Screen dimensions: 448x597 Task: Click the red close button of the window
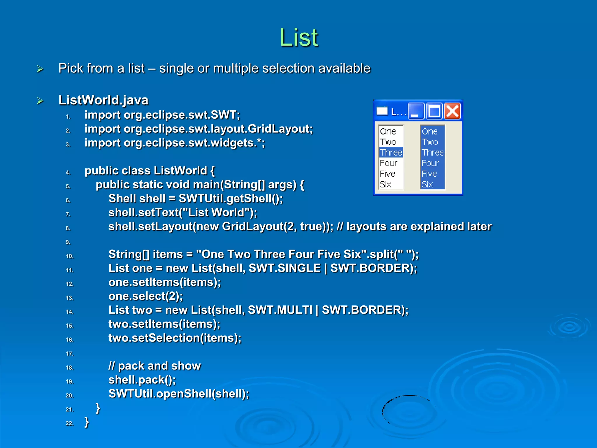point(452,111)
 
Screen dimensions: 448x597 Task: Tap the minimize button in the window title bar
point(416,111)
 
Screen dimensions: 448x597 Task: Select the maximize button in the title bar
point(434,111)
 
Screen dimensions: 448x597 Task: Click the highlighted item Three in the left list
point(391,153)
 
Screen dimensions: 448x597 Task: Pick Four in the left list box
point(389,163)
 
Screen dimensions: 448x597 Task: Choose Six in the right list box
point(427,184)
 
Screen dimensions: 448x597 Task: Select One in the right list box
point(429,132)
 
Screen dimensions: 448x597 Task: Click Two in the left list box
point(388,142)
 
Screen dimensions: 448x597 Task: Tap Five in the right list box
point(429,174)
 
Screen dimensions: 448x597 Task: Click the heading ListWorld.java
point(103,100)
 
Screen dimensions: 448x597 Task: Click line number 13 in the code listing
point(70,298)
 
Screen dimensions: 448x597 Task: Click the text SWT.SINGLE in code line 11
point(285,268)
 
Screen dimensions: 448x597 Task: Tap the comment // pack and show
point(154,366)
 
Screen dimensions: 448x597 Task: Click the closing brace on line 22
point(87,422)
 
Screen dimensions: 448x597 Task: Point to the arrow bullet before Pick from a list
point(40,69)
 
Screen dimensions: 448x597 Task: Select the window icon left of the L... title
point(382,111)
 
